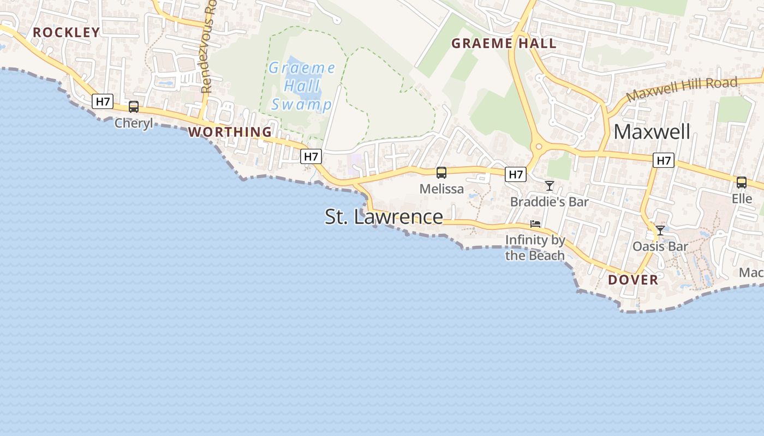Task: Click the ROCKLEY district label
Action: tap(67, 32)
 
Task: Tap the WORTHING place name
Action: tap(230, 132)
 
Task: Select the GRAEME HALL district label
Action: tap(504, 44)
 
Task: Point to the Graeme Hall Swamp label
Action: tap(302, 86)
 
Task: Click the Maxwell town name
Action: tap(652, 132)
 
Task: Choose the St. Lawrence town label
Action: tap(384, 217)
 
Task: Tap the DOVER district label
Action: tap(633, 280)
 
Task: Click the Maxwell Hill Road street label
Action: tap(682, 89)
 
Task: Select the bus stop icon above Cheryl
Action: tap(134, 107)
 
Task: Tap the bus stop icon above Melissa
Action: tap(441, 173)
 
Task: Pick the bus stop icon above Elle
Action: tap(742, 183)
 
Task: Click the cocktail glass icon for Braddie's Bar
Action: tap(550, 186)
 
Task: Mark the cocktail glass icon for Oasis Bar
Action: tap(660, 231)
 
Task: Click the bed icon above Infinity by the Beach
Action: tap(535, 224)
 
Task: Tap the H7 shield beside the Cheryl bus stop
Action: tap(103, 101)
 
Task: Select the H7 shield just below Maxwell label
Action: tap(664, 160)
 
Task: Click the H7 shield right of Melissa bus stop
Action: tap(515, 174)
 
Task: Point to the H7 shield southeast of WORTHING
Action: tap(311, 156)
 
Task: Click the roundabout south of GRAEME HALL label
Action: tap(539, 146)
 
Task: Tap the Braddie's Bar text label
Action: tap(549, 202)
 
